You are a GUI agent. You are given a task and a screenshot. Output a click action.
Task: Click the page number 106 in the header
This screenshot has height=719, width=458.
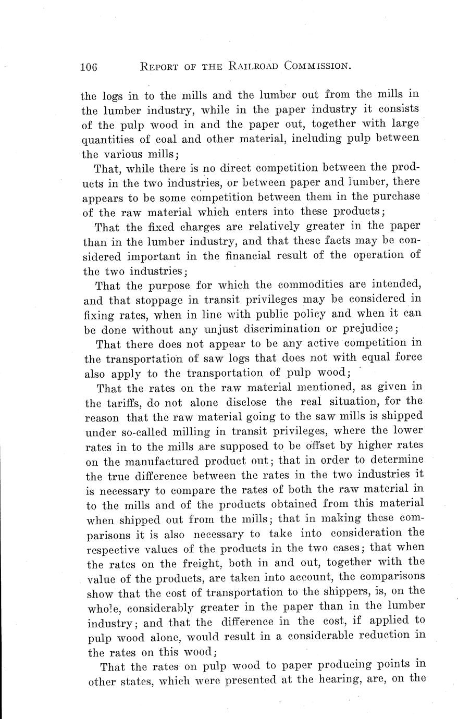tap(90, 67)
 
